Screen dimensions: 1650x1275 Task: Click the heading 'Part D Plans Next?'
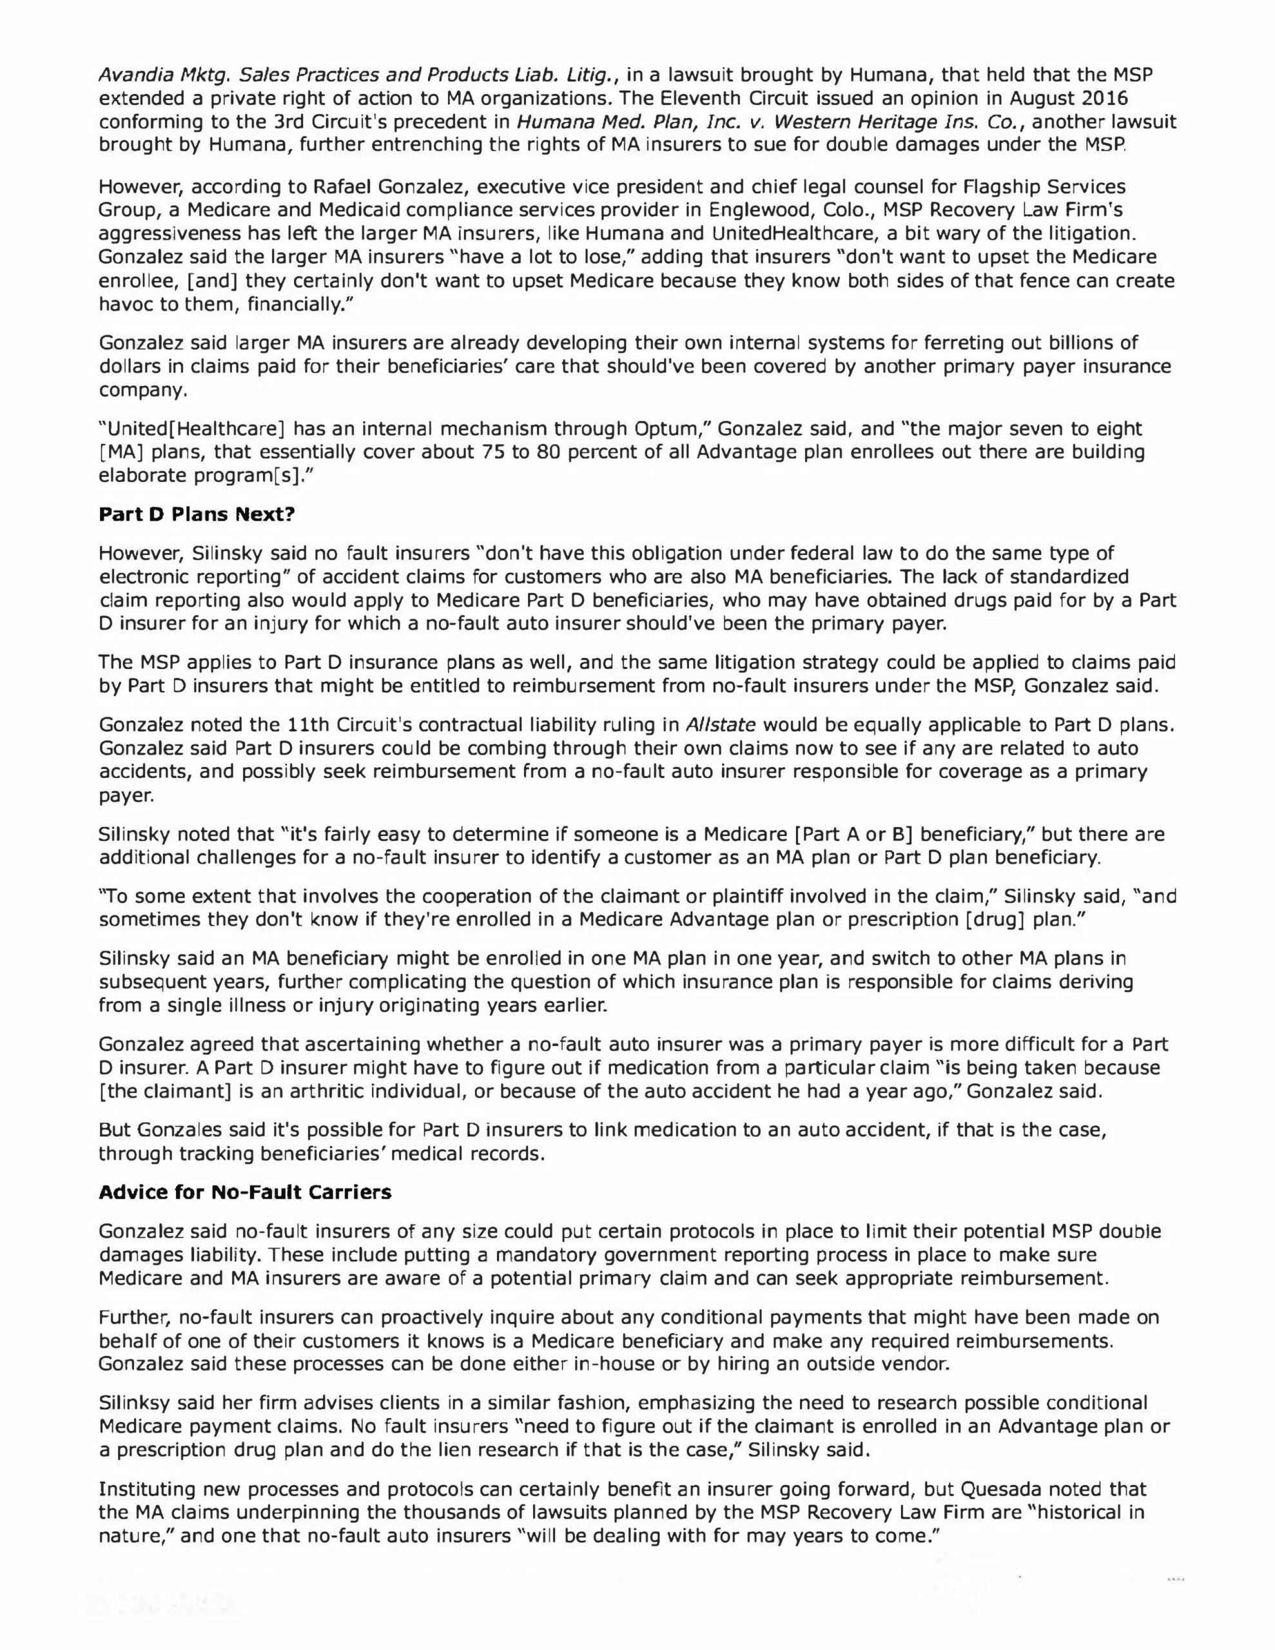coord(197,515)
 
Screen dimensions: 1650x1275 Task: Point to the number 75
coord(491,452)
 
